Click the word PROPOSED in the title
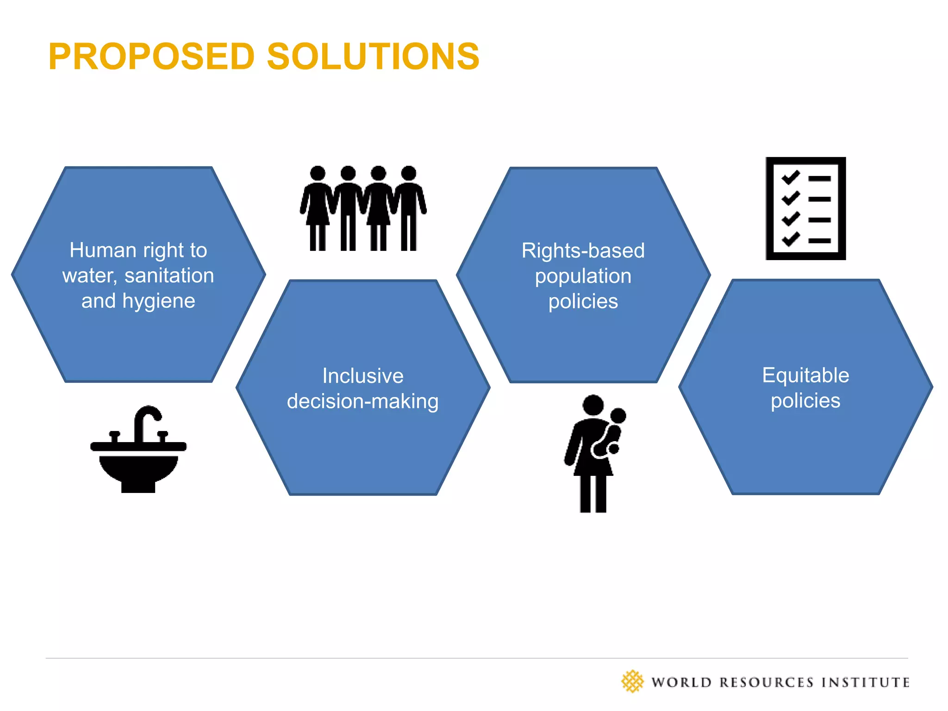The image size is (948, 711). pyautogui.click(x=152, y=56)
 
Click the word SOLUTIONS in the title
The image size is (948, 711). pyautogui.click(x=373, y=56)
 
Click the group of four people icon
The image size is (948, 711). pyautogui.click(x=363, y=208)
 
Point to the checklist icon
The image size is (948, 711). pyautogui.click(x=805, y=208)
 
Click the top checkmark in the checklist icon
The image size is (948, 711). pyautogui.click(x=791, y=177)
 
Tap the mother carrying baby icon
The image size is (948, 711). pyautogui.click(x=594, y=454)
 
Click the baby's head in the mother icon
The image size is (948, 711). pyautogui.click(x=618, y=415)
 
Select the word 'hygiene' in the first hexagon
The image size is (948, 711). pyautogui.click(x=158, y=301)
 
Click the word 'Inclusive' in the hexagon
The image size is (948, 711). pyautogui.click(x=363, y=376)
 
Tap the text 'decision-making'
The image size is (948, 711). pyautogui.click(x=363, y=401)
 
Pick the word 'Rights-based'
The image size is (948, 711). pyautogui.click(x=583, y=251)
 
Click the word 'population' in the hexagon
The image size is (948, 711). pyautogui.click(x=583, y=276)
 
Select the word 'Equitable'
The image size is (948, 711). pyautogui.click(x=805, y=375)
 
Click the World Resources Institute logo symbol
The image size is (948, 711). pyautogui.click(x=632, y=681)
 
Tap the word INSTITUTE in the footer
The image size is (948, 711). pyautogui.click(x=865, y=682)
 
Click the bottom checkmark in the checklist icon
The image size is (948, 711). pyautogui.click(x=791, y=239)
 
